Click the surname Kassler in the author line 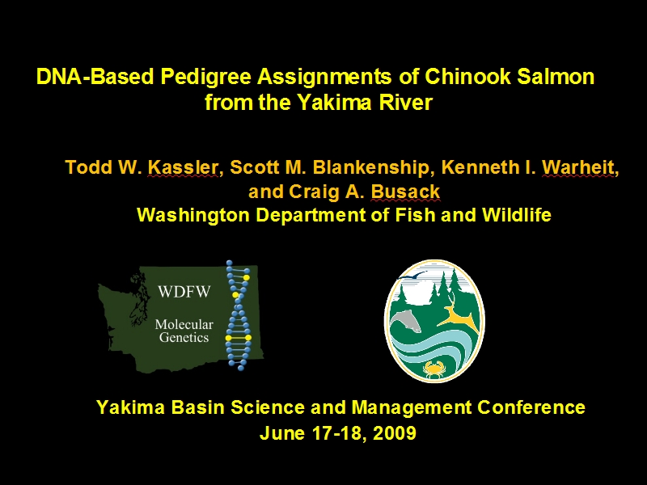click(183, 167)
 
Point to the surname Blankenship click(370, 168)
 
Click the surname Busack click(405, 192)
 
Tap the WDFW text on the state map click(184, 292)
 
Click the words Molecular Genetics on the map click(184, 331)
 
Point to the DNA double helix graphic click(239, 314)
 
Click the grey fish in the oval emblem click(406, 321)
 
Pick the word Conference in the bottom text click(531, 407)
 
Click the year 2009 click(394, 433)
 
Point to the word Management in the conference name click(412, 408)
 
